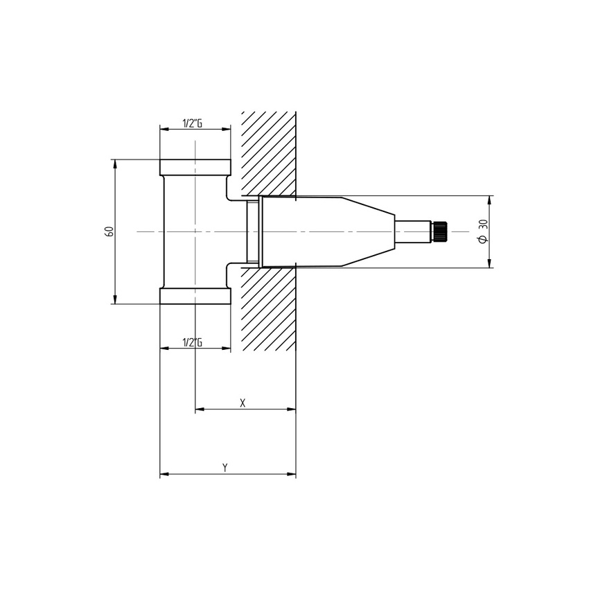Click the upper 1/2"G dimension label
coord(192,123)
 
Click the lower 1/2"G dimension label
coord(192,342)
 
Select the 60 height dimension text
coord(109,231)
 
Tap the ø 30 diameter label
coord(483,231)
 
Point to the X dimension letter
coord(243,403)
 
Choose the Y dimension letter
coord(225,468)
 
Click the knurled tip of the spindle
coord(440,231)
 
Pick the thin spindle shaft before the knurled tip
coord(412,231)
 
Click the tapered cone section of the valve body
coord(367,231)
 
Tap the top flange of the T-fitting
coord(195,167)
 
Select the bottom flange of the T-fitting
coord(195,296)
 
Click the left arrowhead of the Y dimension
coord(164,475)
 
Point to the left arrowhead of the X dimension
coord(200,410)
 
